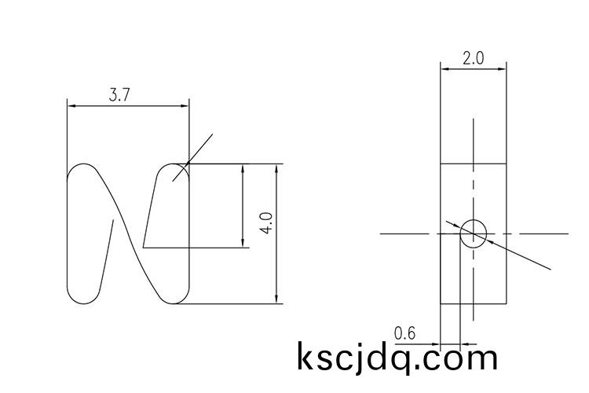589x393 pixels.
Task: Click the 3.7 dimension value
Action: coord(119,95)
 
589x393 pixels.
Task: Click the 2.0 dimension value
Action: coord(473,59)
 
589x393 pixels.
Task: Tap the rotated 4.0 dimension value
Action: coord(267,222)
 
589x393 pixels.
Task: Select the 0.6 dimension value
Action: coord(404,334)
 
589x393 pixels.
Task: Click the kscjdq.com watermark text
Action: coord(397,358)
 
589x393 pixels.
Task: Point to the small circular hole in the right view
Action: coord(474,233)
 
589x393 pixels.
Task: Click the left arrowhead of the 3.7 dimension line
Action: coord(71,105)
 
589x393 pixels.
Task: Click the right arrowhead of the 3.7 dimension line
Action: coord(186,105)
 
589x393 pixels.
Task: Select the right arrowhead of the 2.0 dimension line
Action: coord(503,69)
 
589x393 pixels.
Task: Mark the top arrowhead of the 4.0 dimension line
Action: coord(277,167)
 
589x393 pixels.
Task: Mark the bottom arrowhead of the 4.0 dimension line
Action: coord(277,300)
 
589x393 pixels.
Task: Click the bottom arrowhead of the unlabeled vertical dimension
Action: coord(243,244)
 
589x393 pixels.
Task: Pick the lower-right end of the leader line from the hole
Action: coord(551,269)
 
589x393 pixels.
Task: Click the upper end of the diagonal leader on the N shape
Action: coord(212,135)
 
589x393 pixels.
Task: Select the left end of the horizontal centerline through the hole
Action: coord(382,233)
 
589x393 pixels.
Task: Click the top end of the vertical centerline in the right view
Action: coord(474,119)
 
